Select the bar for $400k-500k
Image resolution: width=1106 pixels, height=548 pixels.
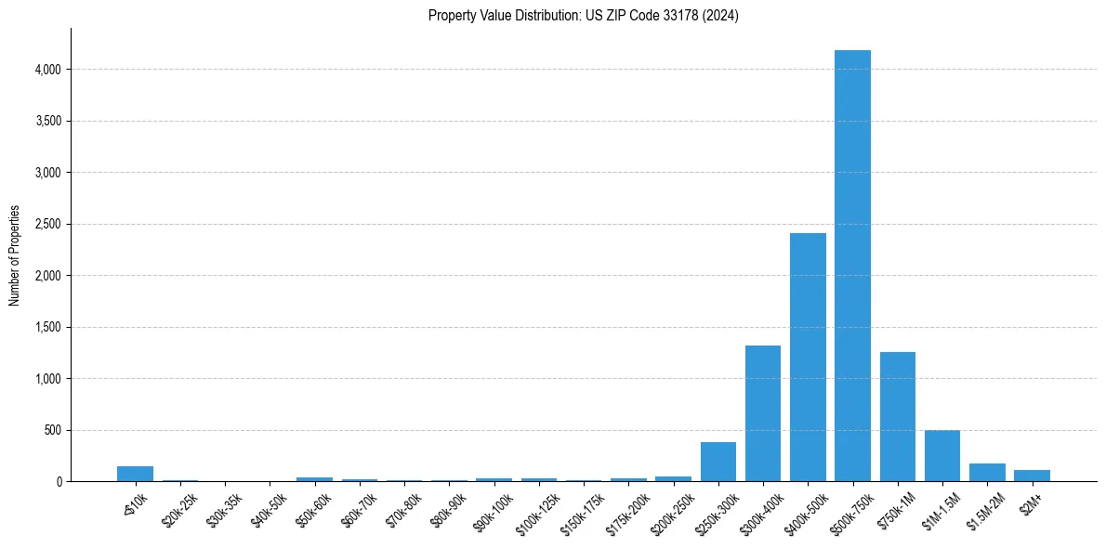tap(808, 358)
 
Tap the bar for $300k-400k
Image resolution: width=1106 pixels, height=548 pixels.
tap(763, 413)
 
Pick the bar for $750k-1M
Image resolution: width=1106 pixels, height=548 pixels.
tap(898, 416)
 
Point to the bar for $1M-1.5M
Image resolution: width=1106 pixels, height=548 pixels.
tap(942, 456)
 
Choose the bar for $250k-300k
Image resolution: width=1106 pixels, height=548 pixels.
tap(718, 462)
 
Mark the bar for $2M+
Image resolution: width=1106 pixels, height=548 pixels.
tap(1032, 476)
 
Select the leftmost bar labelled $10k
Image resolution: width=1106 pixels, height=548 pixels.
tap(135, 474)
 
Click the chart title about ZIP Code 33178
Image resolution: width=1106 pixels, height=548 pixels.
tap(584, 16)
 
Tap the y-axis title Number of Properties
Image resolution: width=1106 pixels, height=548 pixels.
tap(15, 255)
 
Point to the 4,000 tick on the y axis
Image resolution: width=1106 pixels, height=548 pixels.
tap(47, 70)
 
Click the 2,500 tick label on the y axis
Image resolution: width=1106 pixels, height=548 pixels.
tap(47, 224)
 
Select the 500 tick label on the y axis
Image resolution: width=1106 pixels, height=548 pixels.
tap(54, 430)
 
